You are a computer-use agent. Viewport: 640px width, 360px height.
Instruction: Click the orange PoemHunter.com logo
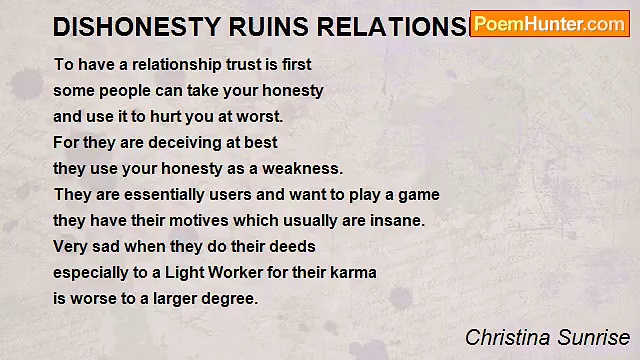549,24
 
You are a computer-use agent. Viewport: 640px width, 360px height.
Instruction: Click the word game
418,194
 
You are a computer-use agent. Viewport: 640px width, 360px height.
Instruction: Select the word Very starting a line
71,246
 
